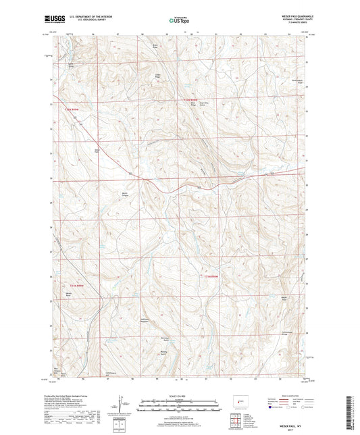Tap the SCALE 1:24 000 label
(180, 396)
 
